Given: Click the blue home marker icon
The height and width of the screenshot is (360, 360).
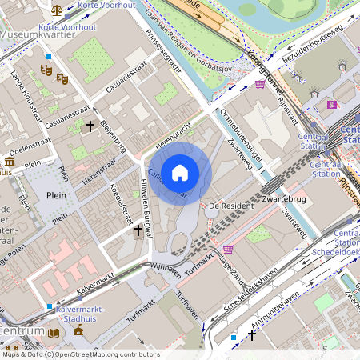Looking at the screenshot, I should coord(180,172).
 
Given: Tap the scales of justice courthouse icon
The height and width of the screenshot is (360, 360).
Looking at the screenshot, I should coord(55,10).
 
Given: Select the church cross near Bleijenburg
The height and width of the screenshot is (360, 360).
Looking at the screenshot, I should coord(90,126).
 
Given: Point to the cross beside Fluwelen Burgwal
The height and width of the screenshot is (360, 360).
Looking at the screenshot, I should coord(138,230).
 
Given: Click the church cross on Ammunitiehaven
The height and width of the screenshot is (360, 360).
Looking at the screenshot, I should coord(252,335).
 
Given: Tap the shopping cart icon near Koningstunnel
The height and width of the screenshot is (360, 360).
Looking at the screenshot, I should coord(260,83).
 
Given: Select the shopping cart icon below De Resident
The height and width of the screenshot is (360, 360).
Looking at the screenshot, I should coord(228,250).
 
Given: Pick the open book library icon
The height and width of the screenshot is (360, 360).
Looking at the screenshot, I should coord(54,332).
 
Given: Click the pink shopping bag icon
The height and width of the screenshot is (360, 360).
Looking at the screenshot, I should coord(332,103).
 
